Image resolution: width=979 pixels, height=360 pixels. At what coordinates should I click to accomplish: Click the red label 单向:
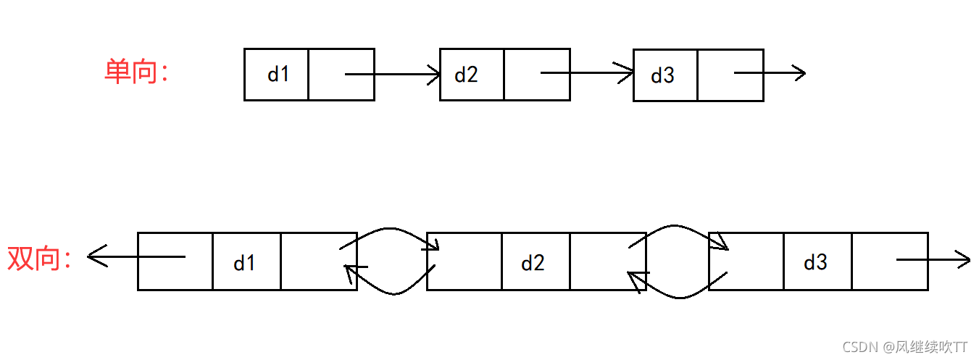[x=136, y=72]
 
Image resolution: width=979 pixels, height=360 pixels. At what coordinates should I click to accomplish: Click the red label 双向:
[x=41, y=259]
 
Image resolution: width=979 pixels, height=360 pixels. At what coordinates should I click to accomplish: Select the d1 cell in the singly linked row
[x=277, y=74]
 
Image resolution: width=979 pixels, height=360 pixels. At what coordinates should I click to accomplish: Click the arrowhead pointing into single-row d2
[x=434, y=73]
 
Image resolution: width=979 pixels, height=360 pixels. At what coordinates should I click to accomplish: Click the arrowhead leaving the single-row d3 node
[x=799, y=72]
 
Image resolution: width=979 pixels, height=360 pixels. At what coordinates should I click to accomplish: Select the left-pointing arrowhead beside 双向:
[x=95, y=256]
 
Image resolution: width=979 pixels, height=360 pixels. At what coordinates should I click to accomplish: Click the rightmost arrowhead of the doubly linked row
[x=963, y=259]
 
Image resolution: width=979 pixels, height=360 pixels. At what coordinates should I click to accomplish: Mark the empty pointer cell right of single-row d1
[x=341, y=74]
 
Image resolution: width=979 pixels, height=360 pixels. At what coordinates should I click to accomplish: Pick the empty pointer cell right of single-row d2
[x=536, y=74]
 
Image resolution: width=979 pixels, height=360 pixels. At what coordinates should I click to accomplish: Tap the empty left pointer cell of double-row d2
[x=464, y=261]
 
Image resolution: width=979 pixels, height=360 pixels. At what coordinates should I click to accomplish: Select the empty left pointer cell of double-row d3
[x=746, y=261]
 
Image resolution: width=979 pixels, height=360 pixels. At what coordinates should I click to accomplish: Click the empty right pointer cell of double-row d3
[x=890, y=261]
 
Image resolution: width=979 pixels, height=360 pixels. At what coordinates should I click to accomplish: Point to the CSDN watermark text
[x=904, y=346]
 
